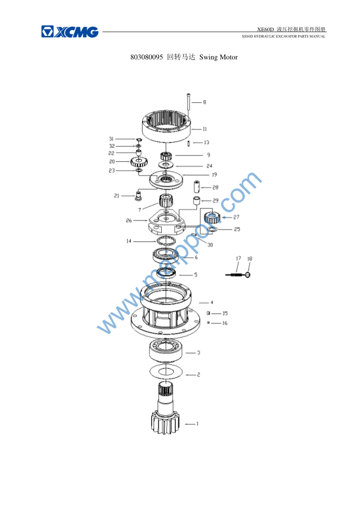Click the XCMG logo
[x=70, y=32]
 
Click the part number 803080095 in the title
[x=147, y=57]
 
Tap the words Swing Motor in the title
[x=219, y=57]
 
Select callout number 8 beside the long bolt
[x=204, y=102]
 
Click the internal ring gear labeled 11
[x=166, y=126]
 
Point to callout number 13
[x=206, y=142]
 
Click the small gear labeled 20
[x=139, y=161]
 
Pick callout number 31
[x=111, y=139]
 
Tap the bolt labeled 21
[x=138, y=195]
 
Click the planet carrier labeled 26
[x=167, y=222]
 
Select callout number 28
[x=215, y=188]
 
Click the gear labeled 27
[x=212, y=217]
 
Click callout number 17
[x=238, y=258]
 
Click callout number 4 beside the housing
[x=211, y=303]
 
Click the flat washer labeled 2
[x=166, y=372]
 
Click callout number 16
[x=225, y=323]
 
